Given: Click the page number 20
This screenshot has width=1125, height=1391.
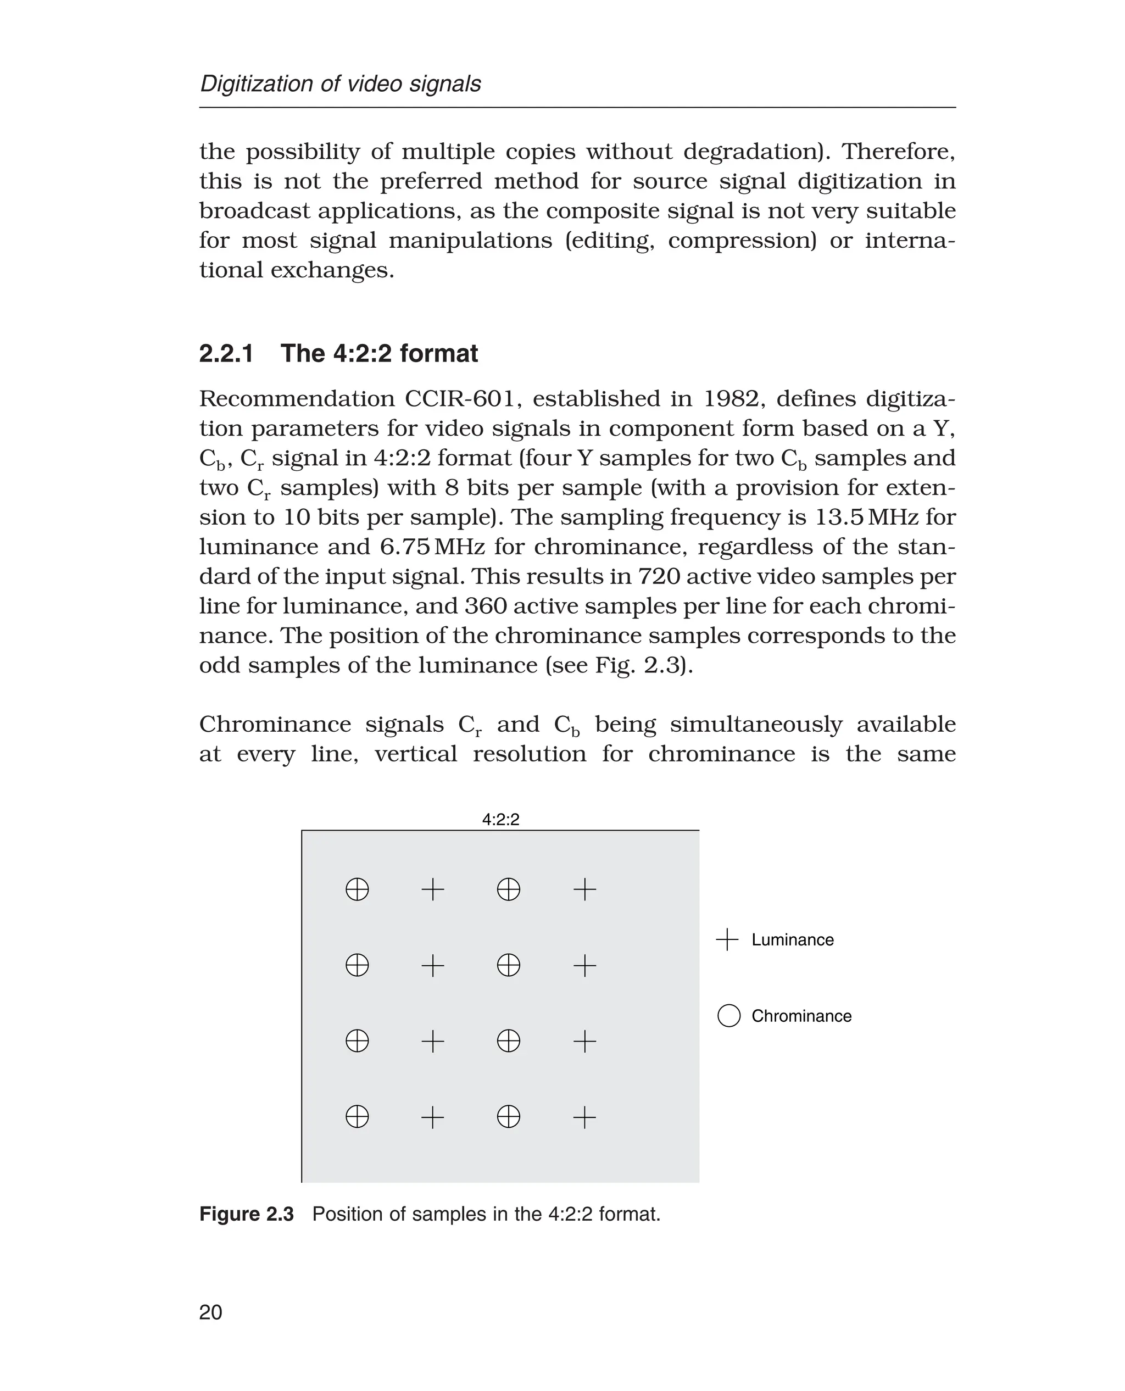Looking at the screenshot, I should [210, 1312].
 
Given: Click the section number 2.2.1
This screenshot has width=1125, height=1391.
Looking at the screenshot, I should [226, 354].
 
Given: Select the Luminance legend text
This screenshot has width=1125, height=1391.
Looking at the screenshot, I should [792, 940].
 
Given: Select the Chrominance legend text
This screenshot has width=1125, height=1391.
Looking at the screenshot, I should [801, 1016].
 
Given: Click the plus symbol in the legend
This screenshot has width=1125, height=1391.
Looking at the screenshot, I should [728, 939].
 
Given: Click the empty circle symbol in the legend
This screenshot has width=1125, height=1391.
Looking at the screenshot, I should [729, 1016].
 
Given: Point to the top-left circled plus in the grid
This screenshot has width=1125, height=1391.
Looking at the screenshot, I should [357, 889].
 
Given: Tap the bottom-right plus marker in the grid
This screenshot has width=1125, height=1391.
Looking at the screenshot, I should [584, 1117].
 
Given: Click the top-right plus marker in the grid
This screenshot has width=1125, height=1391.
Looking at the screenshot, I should [584, 889].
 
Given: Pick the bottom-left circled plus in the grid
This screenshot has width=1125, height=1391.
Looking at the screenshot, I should [357, 1117].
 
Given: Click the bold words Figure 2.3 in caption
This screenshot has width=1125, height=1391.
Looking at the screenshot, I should [246, 1214].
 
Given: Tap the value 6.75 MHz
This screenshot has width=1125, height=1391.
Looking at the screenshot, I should [432, 547].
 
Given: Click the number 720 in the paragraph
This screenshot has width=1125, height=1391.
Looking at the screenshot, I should [659, 576].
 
